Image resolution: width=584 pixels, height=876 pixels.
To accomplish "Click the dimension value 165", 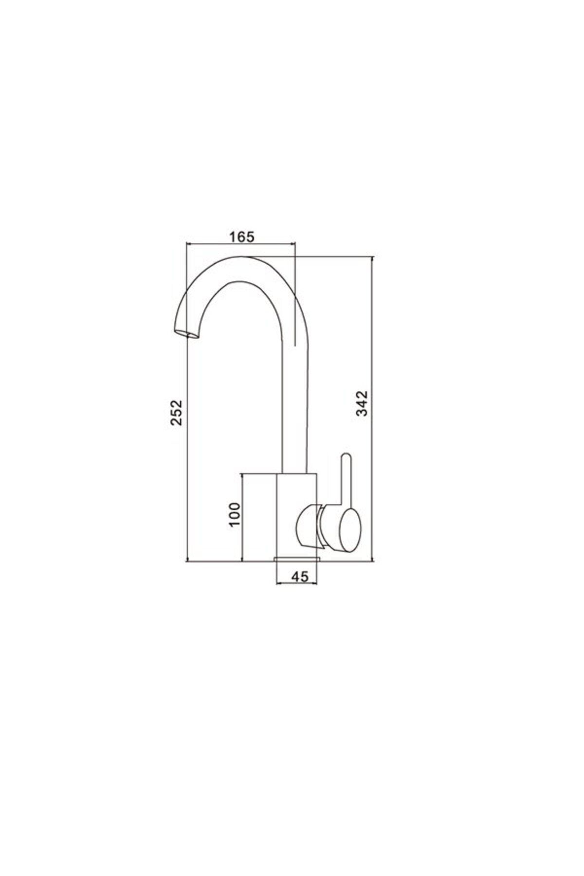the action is [241, 237].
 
